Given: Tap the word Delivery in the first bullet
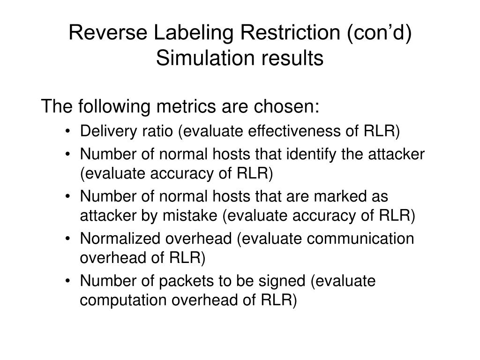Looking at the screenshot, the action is tap(103, 131).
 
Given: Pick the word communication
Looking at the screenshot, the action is tap(361, 239).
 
